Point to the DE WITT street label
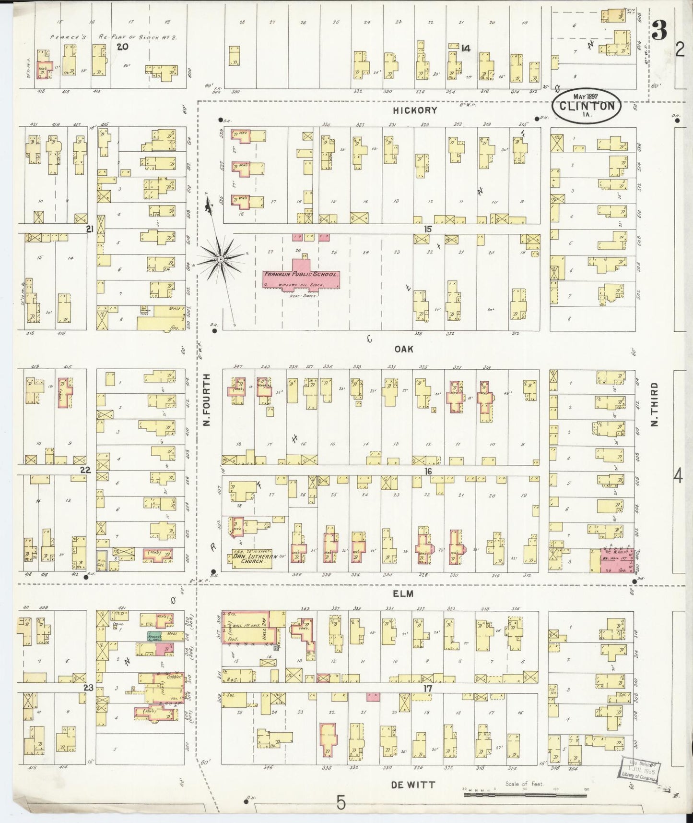tap(406, 785)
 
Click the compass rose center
tap(221, 259)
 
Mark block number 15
tap(427, 229)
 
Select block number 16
tap(427, 472)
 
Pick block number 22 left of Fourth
tap(85, 470)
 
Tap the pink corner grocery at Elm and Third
tap(616, 561)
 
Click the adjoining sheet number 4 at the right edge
tap(678, 476)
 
